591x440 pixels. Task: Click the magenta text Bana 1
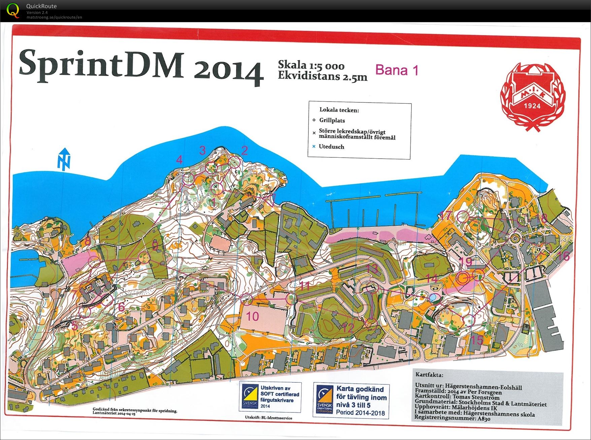(x=397, y=70)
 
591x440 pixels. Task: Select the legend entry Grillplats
(x=332, y=120)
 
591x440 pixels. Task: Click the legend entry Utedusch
(x=331, y=147)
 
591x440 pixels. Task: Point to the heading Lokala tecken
(x=339, y=110)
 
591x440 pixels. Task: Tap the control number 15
(x=477, y=340)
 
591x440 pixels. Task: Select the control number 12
(x=348, y=327)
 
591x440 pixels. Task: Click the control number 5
(x=75, y=325)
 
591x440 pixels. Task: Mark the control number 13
(x=372, y=269)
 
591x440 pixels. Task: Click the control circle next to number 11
(x=291, y=298)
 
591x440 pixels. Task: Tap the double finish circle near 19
(x=463, y=278)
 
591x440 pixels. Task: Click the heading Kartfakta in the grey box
(x=429, y=375)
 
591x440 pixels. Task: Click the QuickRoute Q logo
(x=13, y=10)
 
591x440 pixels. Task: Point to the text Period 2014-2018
(x=360, y=412)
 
